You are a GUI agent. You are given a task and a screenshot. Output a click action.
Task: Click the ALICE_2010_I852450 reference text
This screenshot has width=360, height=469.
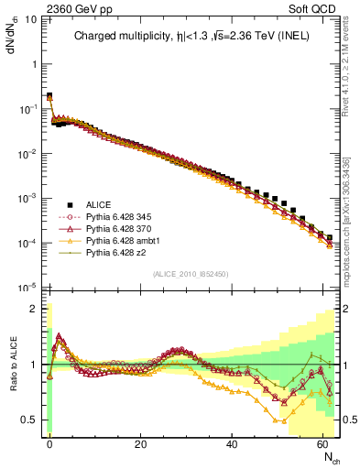pyautogui.click(x=191, y=274)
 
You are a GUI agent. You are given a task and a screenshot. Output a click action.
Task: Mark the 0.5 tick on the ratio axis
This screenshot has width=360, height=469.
pyautogui.click(x=32, y=420)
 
